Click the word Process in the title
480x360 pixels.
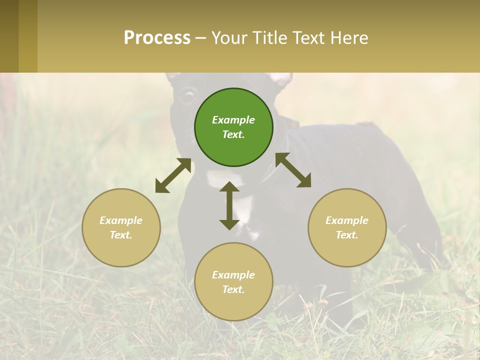coord(157,38)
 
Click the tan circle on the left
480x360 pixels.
coord(121,227)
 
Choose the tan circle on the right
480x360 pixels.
coord(347,227)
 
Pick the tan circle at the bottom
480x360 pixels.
coord(233,281)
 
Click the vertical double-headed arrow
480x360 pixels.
coord(229,205)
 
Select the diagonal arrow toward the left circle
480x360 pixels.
coord(173,175)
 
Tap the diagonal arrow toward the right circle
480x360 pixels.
coord(293,170)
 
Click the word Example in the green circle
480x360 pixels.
coord(233,120)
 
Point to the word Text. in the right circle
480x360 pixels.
coord(347,235)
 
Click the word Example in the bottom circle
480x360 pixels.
coord(233,275)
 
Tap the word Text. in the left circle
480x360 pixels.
coord(121,235)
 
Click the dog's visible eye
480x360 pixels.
coord(188,94)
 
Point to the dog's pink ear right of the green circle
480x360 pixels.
coord(281,79)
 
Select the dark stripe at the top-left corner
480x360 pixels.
coord(9,36)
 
